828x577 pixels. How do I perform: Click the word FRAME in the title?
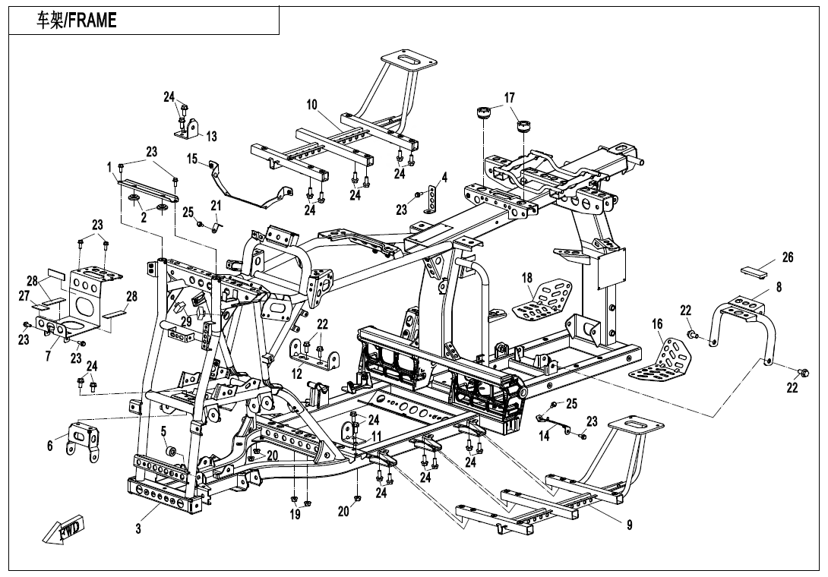pos(91,21)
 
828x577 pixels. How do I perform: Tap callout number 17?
pos(509,97)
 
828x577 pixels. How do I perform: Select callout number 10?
pos(312,105)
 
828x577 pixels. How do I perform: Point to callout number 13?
pos(211,137)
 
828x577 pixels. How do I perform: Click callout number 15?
pos(192,159)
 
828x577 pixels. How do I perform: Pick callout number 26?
pos(788,257)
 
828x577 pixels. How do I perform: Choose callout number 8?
pos(779,287)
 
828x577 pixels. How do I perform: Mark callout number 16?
pos(657,324)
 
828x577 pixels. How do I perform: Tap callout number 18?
pos(527,278)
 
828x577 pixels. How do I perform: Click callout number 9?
pos(629,525)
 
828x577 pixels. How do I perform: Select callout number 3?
pos(138,529)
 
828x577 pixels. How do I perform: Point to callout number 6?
pos(50,446)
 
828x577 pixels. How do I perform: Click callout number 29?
pos(186,322)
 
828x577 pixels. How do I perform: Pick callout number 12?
pos(297,374)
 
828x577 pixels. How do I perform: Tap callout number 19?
pos(295,514)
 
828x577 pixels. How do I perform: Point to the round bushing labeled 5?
pos(172,453)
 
